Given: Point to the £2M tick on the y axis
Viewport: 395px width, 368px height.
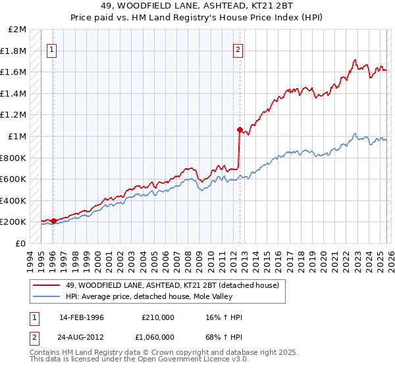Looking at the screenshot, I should tap(18, 30).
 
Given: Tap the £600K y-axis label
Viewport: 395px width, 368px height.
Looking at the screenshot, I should tap(14, 179).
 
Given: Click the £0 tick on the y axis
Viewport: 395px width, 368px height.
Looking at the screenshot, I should tap(21, 243).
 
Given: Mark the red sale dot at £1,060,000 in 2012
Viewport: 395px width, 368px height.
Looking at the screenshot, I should tap(239, 129).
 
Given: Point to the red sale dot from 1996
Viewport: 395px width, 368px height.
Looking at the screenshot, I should tap(53, 221).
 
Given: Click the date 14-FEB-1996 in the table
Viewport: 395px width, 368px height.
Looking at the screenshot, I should tap(82, 317).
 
